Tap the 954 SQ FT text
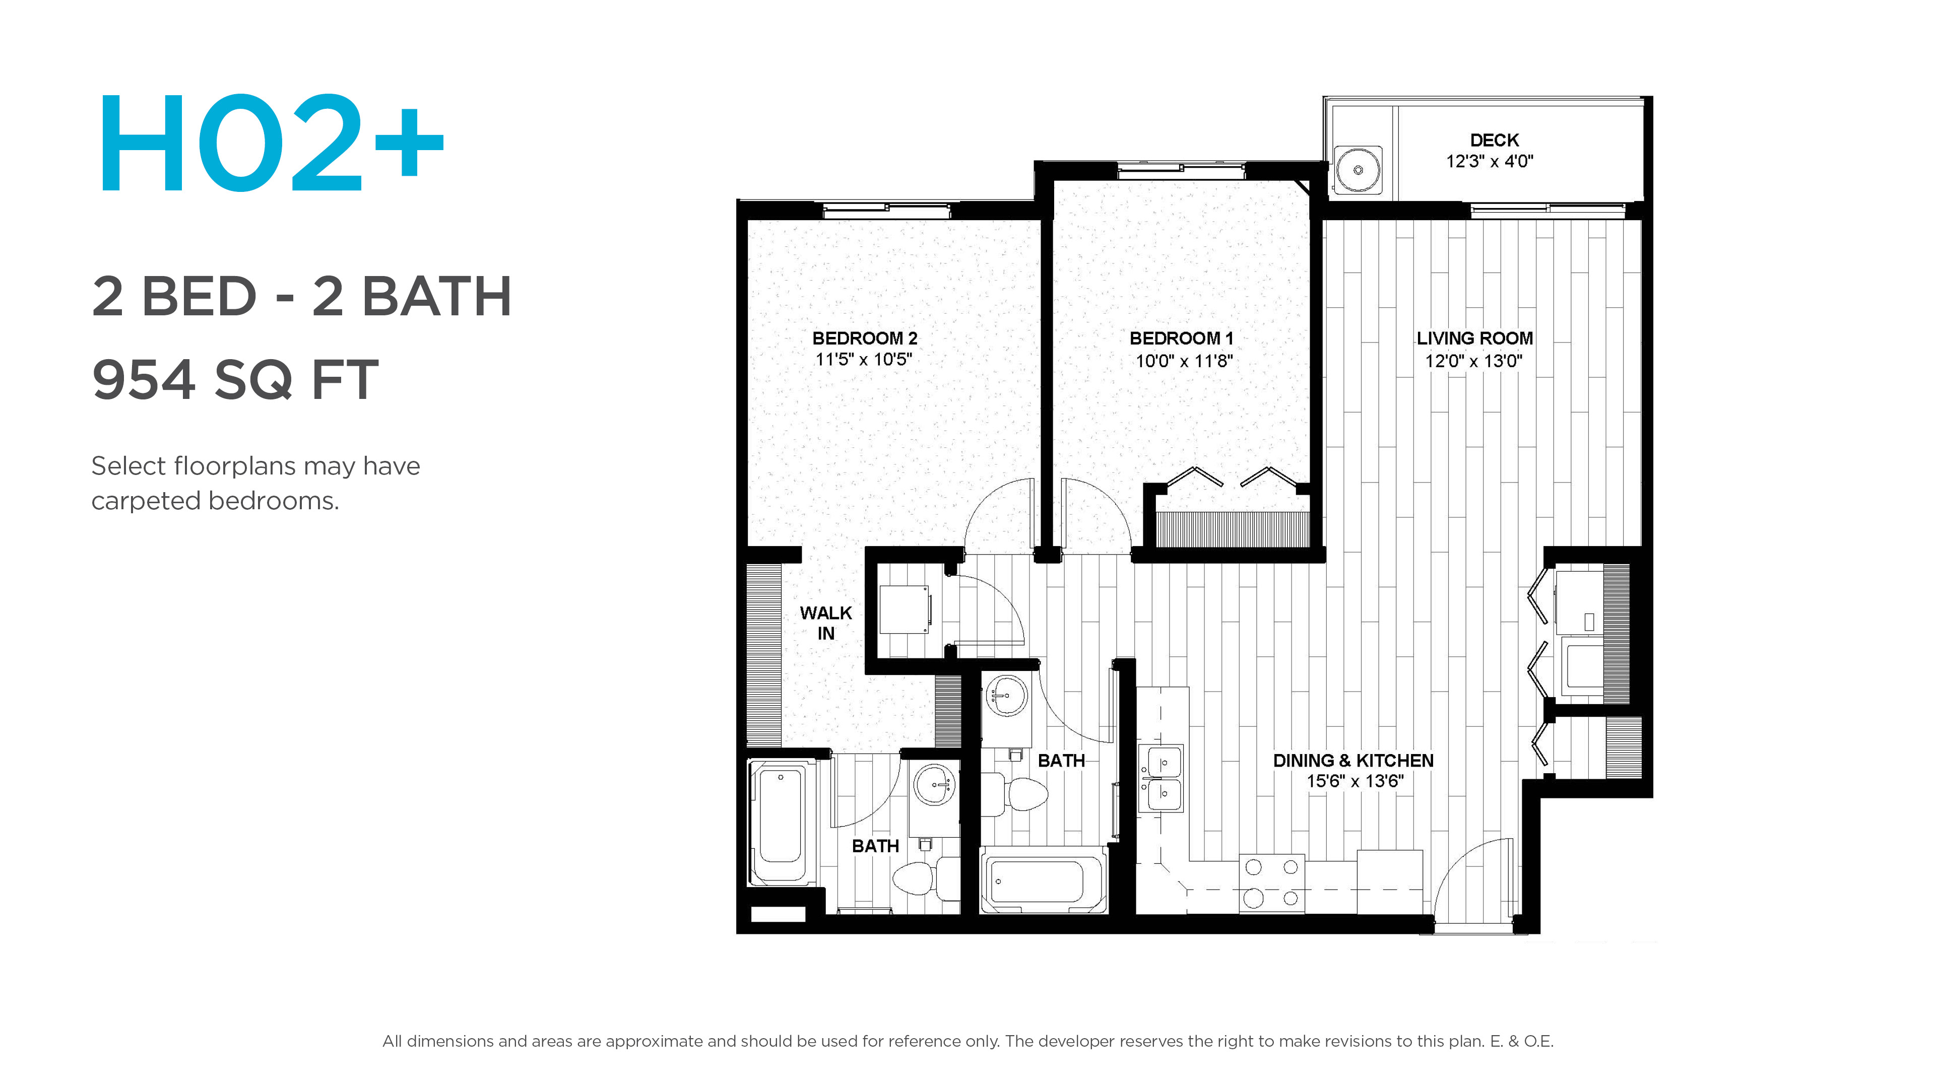coord(235,380)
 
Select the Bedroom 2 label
coord(865,338)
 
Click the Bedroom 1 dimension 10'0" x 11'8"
coord(1184,361)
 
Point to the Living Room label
coord(1474,338)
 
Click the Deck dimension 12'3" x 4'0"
coord(1490,161)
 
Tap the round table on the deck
coord(1358,170)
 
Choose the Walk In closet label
coord(825,623)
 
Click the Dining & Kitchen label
coord(1353,761)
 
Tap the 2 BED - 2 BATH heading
coord(302,297)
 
